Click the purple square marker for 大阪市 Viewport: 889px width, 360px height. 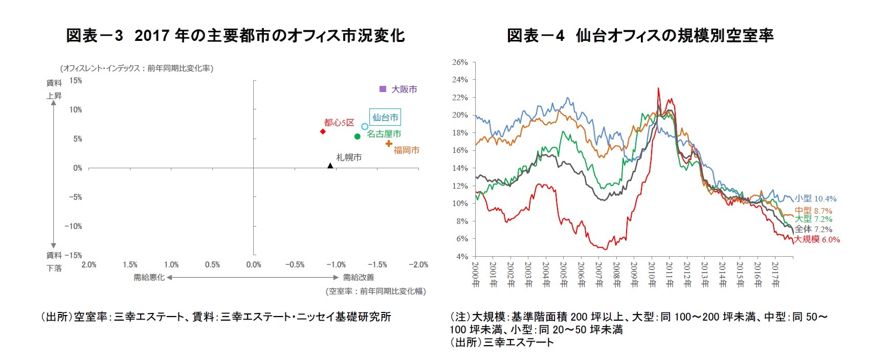tap(383, 89)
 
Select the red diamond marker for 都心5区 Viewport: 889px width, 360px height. tap(323, 131)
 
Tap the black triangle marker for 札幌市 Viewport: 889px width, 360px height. tap(330, 165)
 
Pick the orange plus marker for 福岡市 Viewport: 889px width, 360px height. tap(389, 143)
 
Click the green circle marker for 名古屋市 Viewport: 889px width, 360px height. tap(357, 137)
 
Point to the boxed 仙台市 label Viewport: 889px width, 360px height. tap(385, 117)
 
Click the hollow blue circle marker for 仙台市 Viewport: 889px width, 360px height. tap(365, 126)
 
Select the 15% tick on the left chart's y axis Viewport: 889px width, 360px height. tap(76, 81)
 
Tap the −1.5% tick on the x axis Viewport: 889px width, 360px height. tap(377, 265)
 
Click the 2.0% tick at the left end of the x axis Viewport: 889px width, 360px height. tap(89, 265)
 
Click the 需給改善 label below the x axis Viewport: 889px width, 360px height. tap(358, 277)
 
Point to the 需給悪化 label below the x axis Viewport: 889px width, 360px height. tap(149, 277)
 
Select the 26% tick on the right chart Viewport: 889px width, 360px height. tap(460, 62)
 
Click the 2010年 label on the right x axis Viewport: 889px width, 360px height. tap(652, 275)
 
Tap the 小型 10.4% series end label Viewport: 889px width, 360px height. tap(815, 198)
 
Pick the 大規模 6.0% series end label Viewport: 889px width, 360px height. tap(816, 239)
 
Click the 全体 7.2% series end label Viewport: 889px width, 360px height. tap(813, 229)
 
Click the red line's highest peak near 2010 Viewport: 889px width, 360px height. tap(658, 88)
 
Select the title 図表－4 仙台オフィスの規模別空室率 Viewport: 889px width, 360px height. tap(640, 35)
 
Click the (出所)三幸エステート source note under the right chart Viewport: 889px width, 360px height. tap(501, 342)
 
